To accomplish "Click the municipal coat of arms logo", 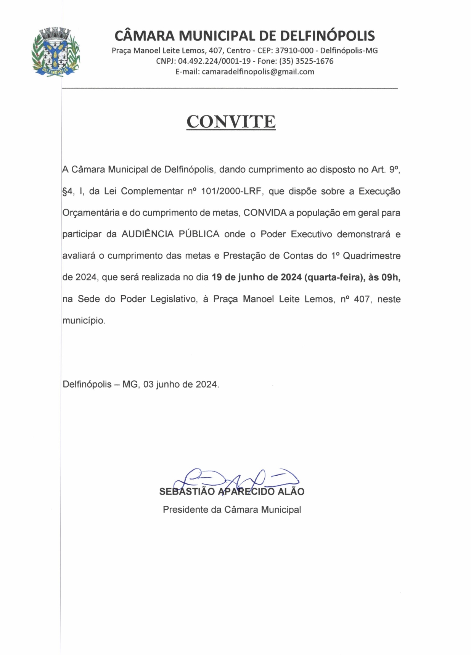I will (x=55, y=52).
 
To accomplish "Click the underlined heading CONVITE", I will (x=231, y=122).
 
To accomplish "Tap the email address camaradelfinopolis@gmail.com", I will (x=258, y=72).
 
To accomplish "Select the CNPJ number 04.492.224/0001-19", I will (x=214, y=61).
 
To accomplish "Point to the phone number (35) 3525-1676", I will (x=306, y=61).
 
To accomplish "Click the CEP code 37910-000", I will (x=294, y=50).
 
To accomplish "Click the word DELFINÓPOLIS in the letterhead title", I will (x=327, y=36).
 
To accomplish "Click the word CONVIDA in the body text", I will (x=265, y=212).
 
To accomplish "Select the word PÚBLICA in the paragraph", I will (x=199, y=234).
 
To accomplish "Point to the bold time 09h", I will (x=391, y=277).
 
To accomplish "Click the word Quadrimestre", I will (x=371, y=256).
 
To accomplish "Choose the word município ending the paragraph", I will (x=83, y=320).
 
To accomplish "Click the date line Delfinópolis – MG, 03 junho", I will (x=141, y=384).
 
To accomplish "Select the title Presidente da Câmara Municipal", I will (x=232, y=510).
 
